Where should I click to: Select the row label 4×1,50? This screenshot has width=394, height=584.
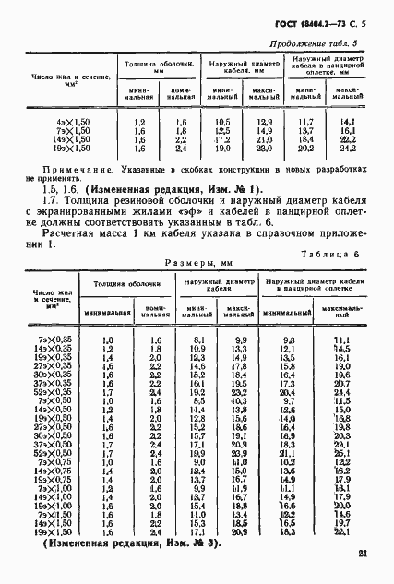pos(50,122)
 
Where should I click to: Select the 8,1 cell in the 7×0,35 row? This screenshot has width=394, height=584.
pos(197,341)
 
